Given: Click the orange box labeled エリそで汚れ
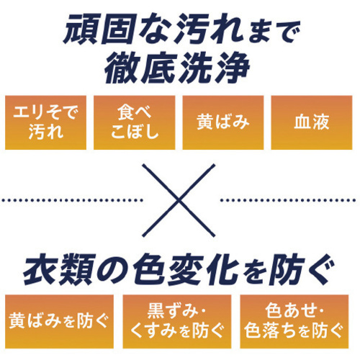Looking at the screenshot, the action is click(45, 122).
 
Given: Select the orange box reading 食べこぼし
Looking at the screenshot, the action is click(134, 122).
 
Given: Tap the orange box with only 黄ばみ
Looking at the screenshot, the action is click(223, 122).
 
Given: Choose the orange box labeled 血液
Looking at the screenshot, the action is click(312, 122).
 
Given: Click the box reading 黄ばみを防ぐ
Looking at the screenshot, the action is click(59, 321).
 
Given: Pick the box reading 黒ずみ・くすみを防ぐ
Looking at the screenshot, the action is click(177, 321).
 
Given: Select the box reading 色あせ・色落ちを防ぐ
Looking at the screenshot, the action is click(294, 321).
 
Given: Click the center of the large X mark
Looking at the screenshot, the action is click(179, 200).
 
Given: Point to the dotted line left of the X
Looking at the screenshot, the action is click(72, 200).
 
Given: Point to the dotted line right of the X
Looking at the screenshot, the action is click(287, 200).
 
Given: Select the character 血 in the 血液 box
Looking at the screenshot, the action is click(302, 122).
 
